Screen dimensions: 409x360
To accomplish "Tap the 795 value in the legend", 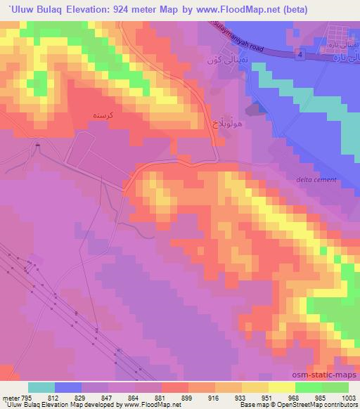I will [27, 398].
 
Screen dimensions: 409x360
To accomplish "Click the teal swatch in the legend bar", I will [41, 387].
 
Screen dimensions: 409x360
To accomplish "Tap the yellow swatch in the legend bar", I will [281, 387].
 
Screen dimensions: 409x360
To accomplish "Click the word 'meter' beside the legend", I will [10, 398].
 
